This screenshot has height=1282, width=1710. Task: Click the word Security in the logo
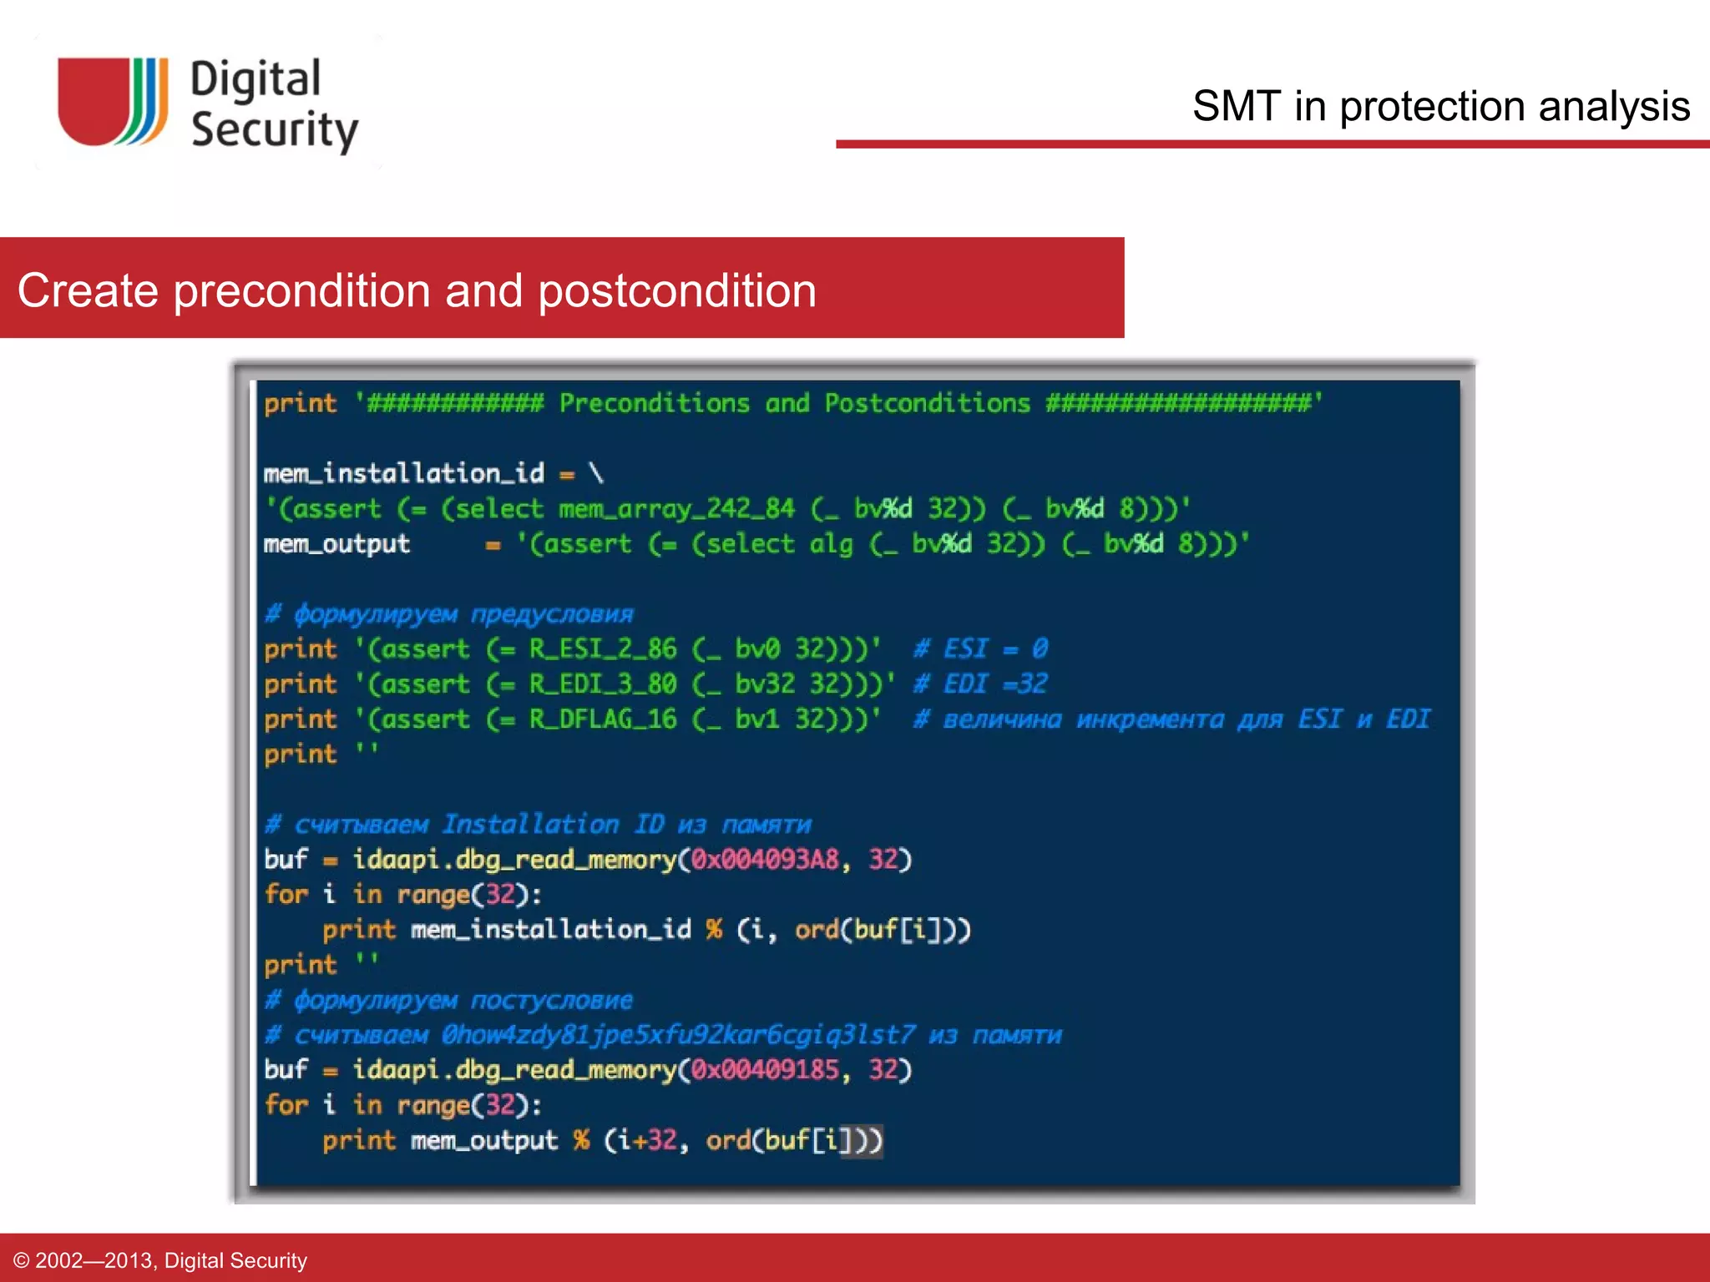(275, 130)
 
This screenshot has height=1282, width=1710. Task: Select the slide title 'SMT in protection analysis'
(1440, 107)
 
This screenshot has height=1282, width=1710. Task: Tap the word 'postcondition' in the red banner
(676, 290)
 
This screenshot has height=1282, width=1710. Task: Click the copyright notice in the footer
(160, 1259)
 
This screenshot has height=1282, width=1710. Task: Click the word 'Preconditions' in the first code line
(654, 403)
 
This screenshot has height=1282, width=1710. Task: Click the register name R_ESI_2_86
(602, 649)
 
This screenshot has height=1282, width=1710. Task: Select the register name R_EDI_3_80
(602, 684)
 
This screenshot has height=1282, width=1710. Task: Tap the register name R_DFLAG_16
(602, 719)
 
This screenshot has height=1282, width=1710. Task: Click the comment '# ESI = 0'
(980, 649)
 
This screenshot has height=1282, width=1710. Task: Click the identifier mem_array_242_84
(676, 508)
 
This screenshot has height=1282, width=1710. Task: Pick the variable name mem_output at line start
(336, 544)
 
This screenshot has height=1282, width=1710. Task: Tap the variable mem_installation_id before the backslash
(403, 473)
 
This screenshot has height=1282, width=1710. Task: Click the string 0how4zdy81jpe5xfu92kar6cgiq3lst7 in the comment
(678, 1035)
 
